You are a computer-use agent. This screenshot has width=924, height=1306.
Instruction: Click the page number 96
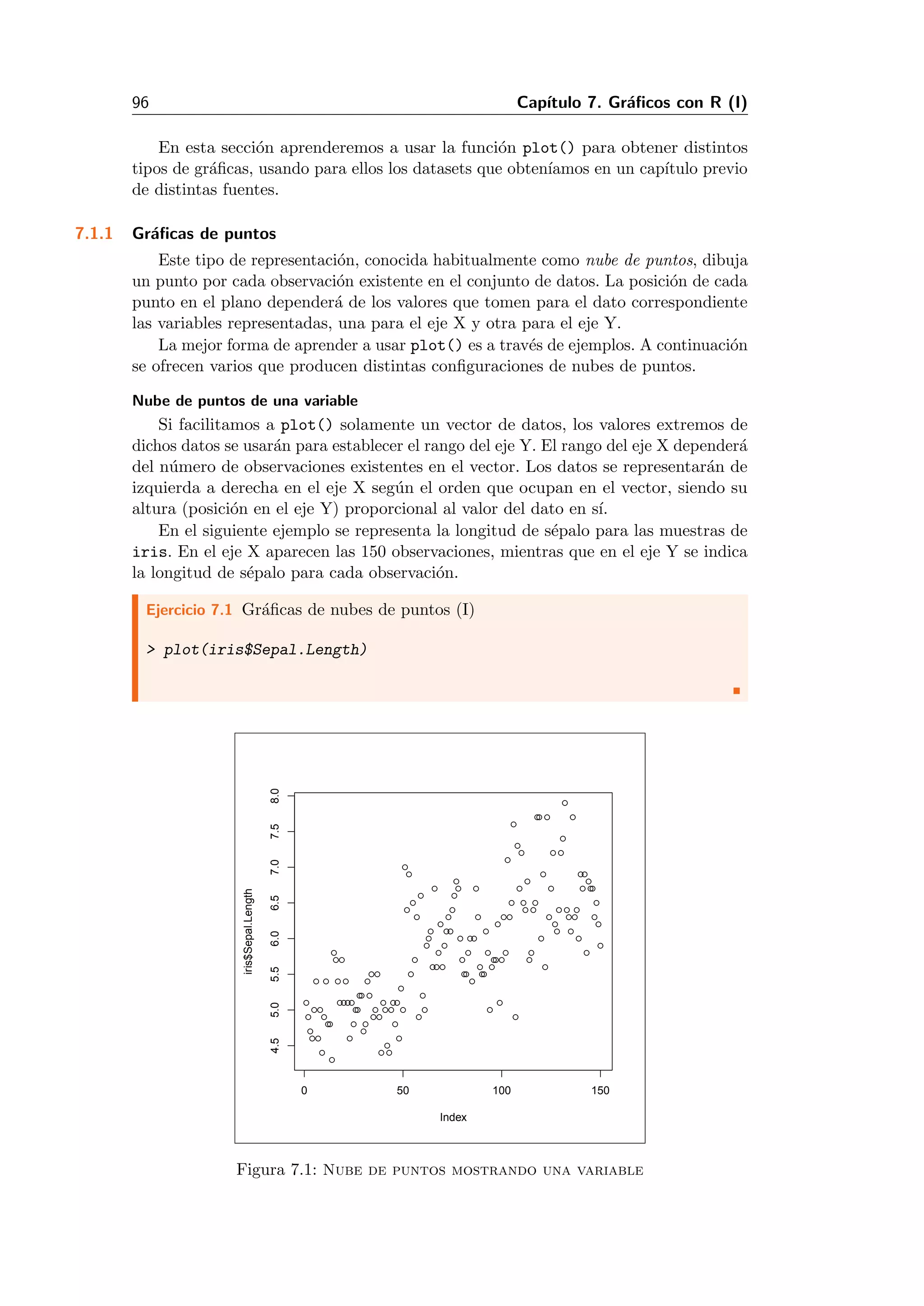[x=140, y=102]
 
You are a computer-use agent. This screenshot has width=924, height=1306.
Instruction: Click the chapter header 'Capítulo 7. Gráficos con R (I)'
[x=632, y=102]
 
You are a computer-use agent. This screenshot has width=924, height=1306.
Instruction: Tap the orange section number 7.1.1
[x=94, y=233]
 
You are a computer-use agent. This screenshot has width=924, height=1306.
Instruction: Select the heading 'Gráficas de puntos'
[x=203, y=233]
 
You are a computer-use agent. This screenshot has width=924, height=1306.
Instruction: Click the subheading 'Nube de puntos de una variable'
[x=245, y=400]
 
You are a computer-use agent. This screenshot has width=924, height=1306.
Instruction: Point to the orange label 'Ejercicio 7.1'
[x=189, y=610]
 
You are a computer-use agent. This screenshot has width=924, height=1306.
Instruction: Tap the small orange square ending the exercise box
[x=736, y=690]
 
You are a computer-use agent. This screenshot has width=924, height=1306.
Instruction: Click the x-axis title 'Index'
[x=453, y=1117]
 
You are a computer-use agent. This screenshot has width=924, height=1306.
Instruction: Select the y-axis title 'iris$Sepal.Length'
[x=248, y=932]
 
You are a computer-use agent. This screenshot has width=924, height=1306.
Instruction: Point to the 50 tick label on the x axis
[x=403, y=1090]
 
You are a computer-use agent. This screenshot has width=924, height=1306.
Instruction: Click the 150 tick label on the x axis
[x=600, y=1090]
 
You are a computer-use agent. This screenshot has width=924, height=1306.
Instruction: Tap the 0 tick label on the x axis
[x=305, y=1090]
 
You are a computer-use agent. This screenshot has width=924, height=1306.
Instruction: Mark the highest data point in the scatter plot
[x=565, y=803]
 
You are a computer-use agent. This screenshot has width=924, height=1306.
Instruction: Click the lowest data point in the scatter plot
[x=332, y=1060]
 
